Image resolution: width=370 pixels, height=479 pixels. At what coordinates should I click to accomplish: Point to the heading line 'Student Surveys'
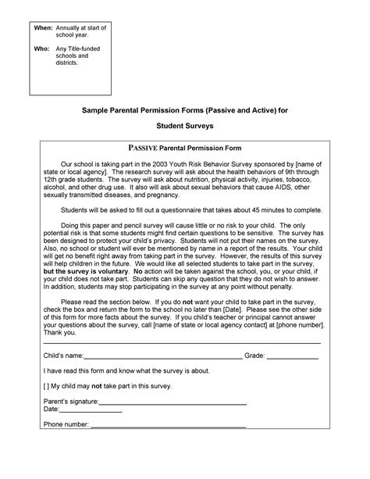click(185, 124)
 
